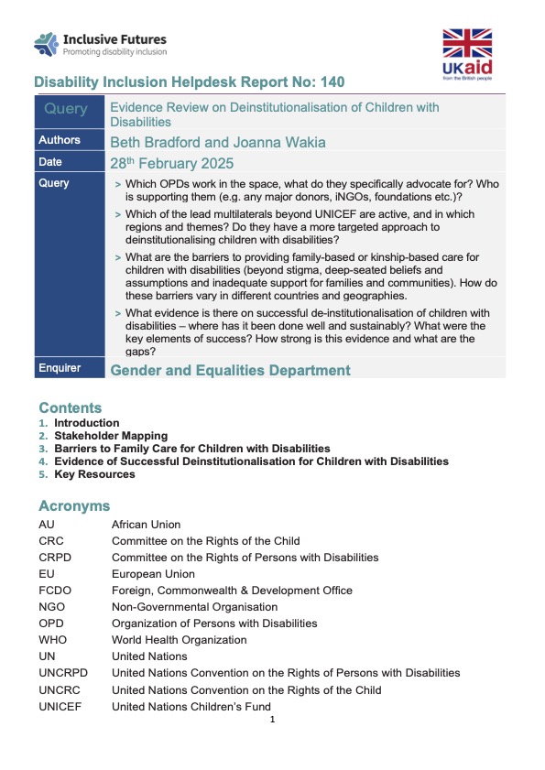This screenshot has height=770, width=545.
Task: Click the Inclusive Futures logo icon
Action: (46, 43)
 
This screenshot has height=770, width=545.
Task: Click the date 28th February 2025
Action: (171, 164)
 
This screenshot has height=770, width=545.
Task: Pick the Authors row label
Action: (60, 140)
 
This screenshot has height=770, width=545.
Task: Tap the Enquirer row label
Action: (60, 368)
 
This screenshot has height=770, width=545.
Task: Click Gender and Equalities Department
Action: (230, 370)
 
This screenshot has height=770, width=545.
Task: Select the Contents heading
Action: (70, 407)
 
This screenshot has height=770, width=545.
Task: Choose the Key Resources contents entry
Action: (94, 474)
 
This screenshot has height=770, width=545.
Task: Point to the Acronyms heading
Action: (74, 505)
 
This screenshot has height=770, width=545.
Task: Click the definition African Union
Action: (146, 525)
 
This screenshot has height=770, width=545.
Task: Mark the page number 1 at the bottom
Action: (273, 720)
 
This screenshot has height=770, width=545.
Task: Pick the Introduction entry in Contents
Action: (86, 423)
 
